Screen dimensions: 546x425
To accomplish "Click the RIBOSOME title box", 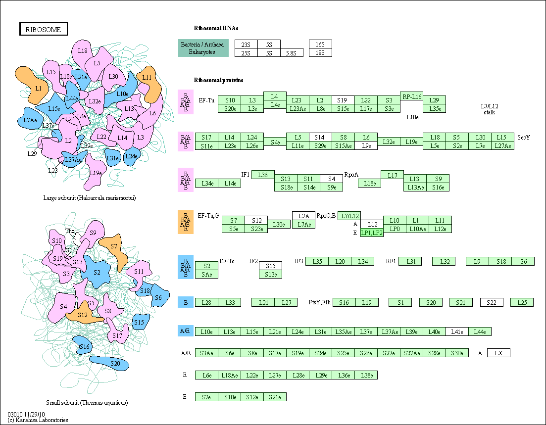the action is [x=43, y=29].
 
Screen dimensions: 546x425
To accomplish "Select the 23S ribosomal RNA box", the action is [x=246, y=44].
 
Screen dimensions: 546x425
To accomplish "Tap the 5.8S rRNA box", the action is [x=292, y=52].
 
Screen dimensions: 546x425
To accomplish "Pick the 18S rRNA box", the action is [x=320, y=52].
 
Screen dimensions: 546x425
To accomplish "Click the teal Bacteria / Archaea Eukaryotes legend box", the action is [x=203, y=48].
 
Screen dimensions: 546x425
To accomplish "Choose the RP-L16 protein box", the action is [x=411, y=96].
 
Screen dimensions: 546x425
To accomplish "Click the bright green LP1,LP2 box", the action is [x=372, y=233].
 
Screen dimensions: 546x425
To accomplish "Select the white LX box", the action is [x=498, y=353].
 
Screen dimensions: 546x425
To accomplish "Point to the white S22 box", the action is [x=492, y=302].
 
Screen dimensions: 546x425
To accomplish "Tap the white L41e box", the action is [x=457, y=331].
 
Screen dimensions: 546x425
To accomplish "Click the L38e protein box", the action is [x=366, y=375].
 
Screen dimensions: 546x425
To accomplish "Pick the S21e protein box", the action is [x=275, y=397].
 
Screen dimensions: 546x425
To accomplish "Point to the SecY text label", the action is [x=523, y=138].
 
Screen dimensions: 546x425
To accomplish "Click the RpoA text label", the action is [x=351, y=175].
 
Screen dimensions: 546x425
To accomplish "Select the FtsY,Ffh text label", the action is [x=319, y=302].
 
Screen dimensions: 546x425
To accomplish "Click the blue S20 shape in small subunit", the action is [x=109, y=363].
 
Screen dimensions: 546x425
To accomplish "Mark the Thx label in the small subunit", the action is [x=70, y=231].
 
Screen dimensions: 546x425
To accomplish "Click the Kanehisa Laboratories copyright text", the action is [x=38, y=420].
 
